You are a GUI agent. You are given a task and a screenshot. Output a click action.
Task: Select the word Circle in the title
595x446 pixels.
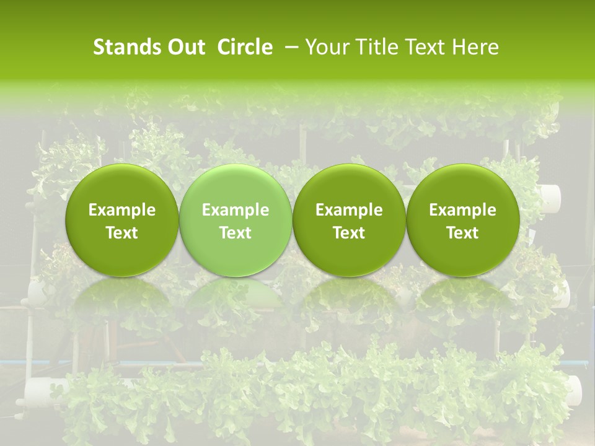click(x=245, y=47)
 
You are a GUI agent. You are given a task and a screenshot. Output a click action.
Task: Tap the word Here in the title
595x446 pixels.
click(x=477, y=47)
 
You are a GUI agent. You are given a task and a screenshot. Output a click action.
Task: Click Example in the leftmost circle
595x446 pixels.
click(x=122, y=210)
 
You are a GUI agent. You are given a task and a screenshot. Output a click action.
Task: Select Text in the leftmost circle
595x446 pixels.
click(x=122, y=233)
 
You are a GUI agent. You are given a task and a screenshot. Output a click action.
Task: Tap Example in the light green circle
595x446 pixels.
click(x=236, y=210)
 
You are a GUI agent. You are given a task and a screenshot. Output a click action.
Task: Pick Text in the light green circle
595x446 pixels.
click(x=236, y=233)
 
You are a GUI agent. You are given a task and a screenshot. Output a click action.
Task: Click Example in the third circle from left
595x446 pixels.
click(x=349, y=210)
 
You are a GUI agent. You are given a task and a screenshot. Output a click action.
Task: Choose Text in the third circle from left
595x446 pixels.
click(x=349, y=233)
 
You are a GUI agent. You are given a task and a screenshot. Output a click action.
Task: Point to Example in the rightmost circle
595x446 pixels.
click(x=462, y=210)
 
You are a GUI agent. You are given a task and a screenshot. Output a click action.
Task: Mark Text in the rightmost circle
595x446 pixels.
click(x=462, y=233)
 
